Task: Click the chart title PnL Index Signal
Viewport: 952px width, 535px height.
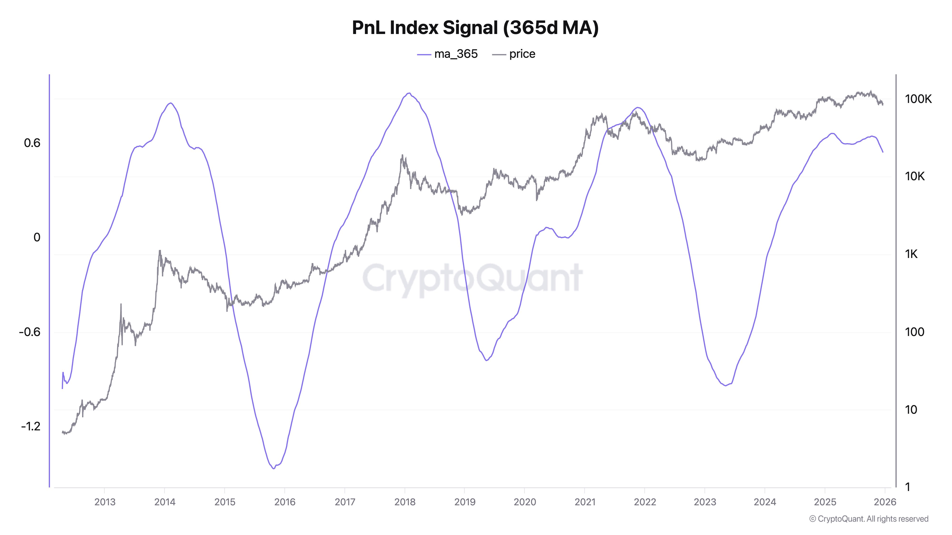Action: point(475,28)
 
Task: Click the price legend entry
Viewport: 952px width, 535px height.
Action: point(514,54)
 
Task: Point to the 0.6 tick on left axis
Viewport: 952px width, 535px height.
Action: point(32,143)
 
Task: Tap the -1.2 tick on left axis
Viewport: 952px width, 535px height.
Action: point(31,426)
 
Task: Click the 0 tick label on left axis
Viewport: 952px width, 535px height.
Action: point(37,237)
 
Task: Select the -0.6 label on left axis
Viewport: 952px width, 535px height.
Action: point(30,332)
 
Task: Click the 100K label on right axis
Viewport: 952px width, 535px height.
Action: point(918,99)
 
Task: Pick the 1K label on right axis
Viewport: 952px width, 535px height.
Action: point(911,254)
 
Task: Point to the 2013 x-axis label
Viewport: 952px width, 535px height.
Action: point(105,502)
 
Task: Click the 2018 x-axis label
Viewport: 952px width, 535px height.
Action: point(405,502)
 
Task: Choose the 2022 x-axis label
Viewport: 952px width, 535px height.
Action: point(645,502)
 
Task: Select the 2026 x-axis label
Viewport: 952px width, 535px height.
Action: point(885,502)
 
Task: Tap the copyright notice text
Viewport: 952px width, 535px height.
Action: point(868,519)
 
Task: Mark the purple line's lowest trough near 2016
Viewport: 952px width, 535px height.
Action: point(273,468)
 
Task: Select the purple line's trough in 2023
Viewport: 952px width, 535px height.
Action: point(725,385)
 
